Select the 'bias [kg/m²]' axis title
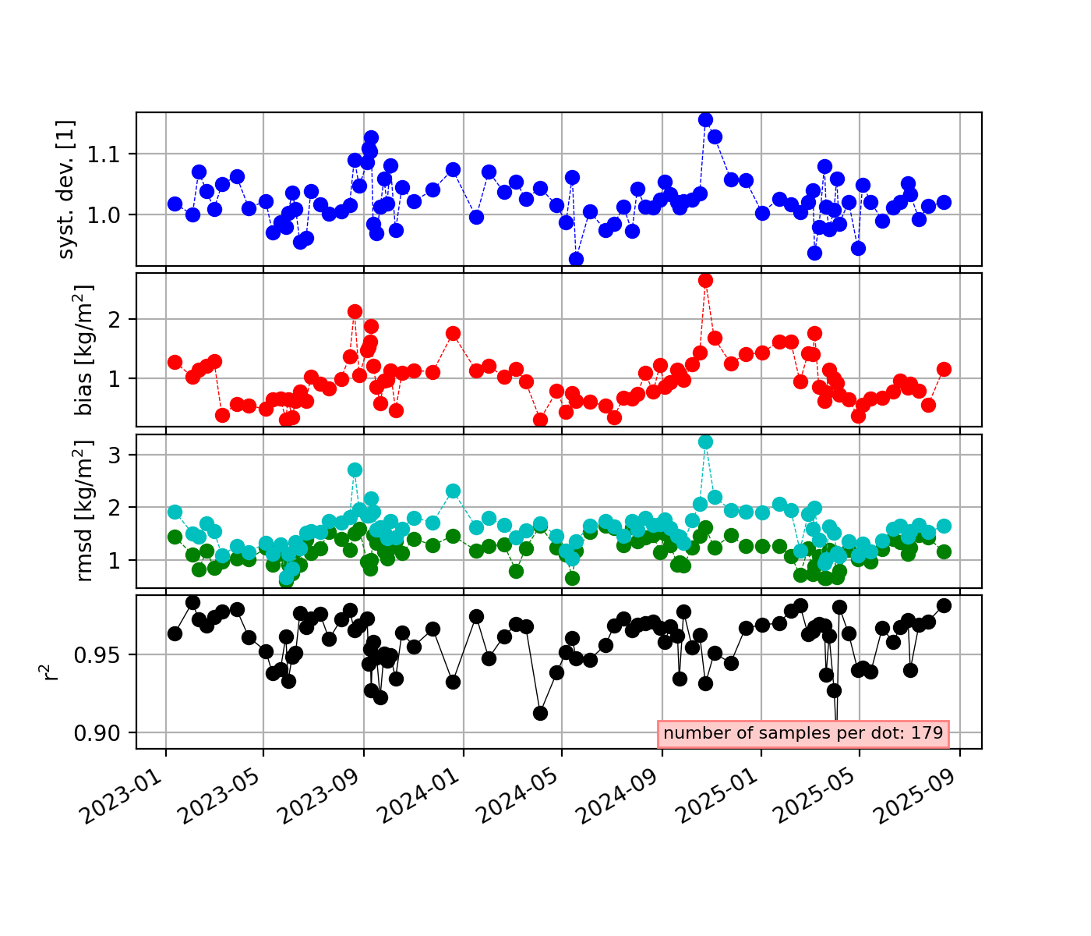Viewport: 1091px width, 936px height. click(x=84, y=350)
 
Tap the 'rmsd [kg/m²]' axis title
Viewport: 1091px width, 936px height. click(x=84, y=511)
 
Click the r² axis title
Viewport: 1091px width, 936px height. click(x=51, y=672)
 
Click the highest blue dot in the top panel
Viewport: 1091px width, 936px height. click(x=705, y=119)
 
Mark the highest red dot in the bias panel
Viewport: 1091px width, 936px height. click(x=705, y=280)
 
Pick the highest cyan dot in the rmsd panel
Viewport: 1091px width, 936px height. click(x=705, y=441)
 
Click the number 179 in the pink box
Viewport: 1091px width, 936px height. click(x=927, y=733)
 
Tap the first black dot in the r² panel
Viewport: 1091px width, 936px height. click(x=175, y=633)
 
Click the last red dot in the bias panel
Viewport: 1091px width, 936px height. click(x=944, y=369)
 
